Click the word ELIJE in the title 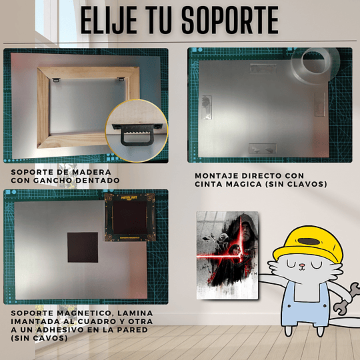pos(109,20)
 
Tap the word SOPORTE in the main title pos(230,20)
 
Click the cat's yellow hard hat pos(309,244)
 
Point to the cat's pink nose pos(302,266)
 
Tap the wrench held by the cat pos(346,299)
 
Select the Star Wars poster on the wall pos(227,255)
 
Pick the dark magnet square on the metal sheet pos(83,247)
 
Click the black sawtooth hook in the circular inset pos(137,134)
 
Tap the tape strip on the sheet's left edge pos(207,107)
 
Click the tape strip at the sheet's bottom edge pos(263,149)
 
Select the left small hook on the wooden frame pos(56,80)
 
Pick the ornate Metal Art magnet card pos(130,217)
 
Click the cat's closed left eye pos(291,265)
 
